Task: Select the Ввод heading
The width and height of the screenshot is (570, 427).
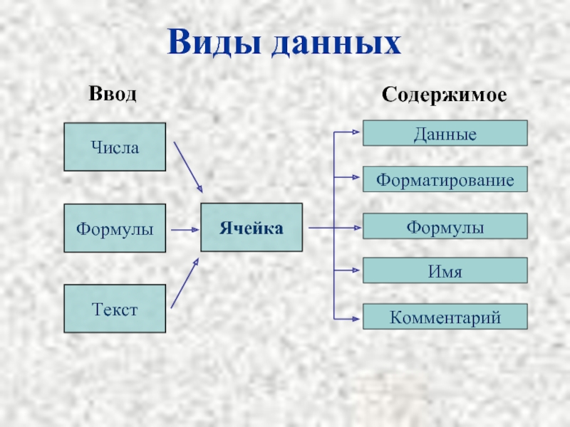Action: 112,95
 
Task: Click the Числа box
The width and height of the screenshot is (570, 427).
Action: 115,147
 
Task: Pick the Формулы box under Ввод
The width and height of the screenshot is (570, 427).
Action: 115,228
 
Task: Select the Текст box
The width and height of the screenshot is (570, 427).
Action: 115,309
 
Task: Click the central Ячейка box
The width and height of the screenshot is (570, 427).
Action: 252,228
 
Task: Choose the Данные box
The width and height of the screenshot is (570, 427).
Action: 445,133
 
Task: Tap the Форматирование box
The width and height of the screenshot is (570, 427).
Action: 445,180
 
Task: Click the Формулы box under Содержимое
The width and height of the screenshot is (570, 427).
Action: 445,227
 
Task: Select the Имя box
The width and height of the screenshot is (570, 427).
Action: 445,271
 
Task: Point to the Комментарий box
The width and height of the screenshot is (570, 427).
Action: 445,317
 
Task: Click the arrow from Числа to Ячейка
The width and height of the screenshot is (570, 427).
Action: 188,167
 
